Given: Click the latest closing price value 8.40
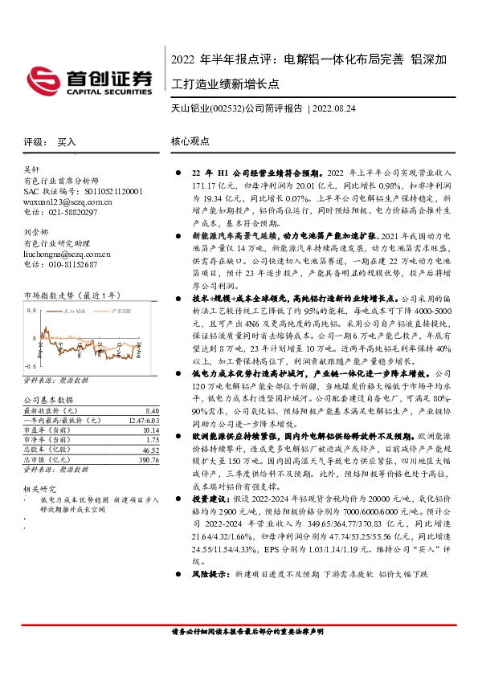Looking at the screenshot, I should (153, 409).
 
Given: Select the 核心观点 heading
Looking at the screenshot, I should (190, 140).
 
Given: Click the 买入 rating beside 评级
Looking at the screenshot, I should (67, 140).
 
